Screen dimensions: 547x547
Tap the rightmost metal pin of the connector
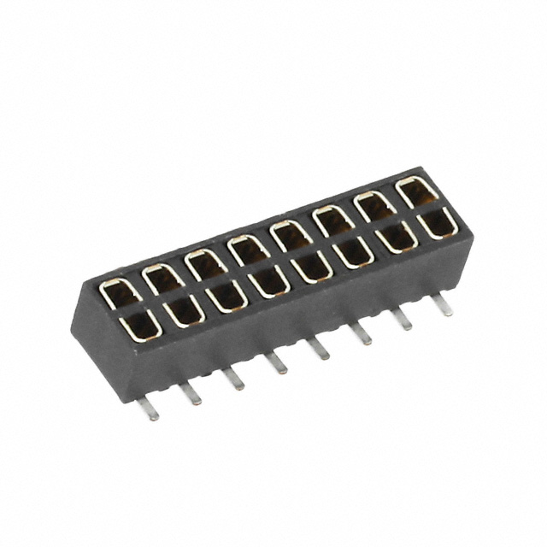point(443,303)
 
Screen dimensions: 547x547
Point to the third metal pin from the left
point(233,379)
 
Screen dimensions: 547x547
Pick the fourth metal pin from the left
point(278,363)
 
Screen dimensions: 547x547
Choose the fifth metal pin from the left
point(320,347)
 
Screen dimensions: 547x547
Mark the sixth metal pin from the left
point(362,332)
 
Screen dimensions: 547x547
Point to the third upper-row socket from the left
point(203,262)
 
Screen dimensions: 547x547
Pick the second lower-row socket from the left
point(182,309)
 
